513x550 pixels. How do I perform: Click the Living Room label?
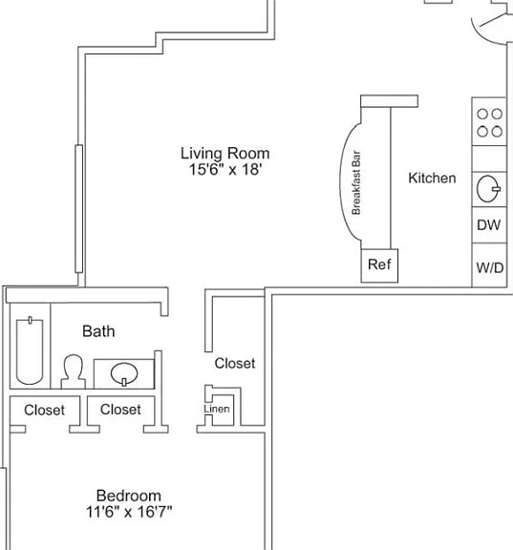224,154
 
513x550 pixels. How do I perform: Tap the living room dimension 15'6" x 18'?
225,169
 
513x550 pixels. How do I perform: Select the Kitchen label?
432,179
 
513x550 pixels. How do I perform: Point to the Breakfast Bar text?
356,182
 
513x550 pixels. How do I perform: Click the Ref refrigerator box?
379,265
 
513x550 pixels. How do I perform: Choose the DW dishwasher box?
489,224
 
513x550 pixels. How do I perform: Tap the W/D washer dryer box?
489,265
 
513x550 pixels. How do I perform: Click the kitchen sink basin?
488,189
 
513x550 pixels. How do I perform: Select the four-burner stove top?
489,121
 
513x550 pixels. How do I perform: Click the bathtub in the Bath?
30,350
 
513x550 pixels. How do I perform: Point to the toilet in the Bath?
73,371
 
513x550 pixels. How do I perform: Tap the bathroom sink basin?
124,374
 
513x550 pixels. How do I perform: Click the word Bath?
98,331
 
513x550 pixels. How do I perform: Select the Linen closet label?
217,409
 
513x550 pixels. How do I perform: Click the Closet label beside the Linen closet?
235,364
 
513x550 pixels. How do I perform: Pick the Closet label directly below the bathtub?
44,410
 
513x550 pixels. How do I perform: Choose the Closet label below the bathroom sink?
120,410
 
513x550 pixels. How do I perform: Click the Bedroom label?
129,496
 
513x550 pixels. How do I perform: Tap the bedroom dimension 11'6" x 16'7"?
129,512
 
